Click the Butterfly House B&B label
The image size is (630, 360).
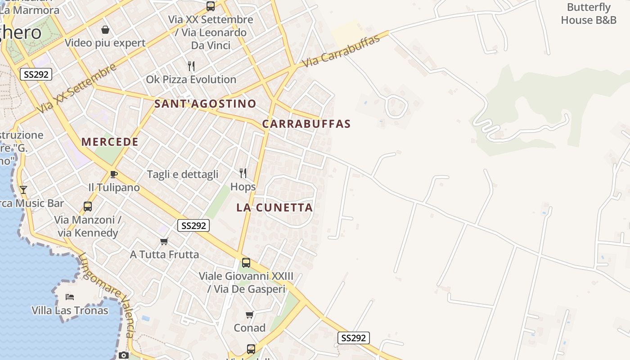pos(589,13)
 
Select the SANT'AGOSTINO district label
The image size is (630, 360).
pos(205,103)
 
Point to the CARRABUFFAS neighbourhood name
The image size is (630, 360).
pos(306,124)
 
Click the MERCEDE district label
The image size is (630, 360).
pos(110,142)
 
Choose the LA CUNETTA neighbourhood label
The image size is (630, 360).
pos(274,207)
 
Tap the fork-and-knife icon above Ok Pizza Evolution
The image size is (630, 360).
pos(191,66)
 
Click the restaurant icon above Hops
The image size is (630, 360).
pos(243,173)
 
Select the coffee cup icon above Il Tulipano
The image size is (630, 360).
pos(113,174)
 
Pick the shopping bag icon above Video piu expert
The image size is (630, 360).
pos(105,30)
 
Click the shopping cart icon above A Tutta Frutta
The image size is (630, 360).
pos(164,242)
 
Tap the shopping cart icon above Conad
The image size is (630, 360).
pos(249,315)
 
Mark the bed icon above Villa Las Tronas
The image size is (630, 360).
pos(70,297)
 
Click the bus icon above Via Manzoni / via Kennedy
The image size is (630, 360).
pos(88,207)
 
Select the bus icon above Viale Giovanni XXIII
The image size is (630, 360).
pos(246,263)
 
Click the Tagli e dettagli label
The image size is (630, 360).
pos(183,174)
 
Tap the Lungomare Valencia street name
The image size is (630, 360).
pos(107,295)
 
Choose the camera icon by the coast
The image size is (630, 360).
pos(124,355)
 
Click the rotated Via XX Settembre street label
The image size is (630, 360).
pos(76,89)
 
